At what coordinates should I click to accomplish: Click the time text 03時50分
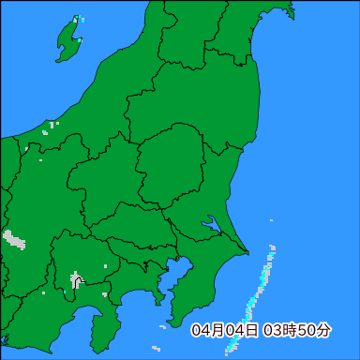point(297,330)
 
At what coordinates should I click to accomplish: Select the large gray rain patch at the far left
point(14,239)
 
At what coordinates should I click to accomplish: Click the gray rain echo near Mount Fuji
point(76,278)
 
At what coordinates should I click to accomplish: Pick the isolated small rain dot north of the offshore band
point(271,220)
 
